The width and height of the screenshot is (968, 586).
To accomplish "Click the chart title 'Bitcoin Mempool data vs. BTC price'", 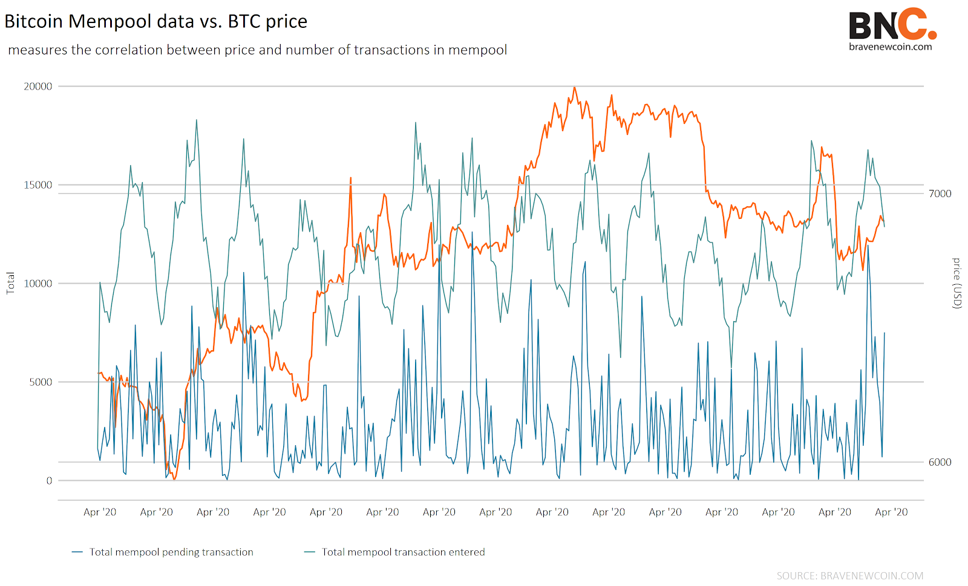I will tap(155, 22).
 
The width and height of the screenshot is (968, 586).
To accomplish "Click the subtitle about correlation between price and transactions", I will tap(257, 50).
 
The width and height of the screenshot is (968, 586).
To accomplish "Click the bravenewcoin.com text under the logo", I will tap(890, 47).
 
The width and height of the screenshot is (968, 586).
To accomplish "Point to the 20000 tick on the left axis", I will tap(38, 86).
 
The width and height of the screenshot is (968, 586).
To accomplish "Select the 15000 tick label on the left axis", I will tap(38, 185).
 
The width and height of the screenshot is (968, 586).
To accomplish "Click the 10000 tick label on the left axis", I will tap(38, 284).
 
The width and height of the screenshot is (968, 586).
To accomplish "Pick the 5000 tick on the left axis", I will tap(41, 382).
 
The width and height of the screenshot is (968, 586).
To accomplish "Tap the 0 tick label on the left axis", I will tap(49, 481).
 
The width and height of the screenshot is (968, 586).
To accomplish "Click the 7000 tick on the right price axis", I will tap(940, 194).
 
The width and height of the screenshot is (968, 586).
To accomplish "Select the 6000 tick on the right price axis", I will tap(940, 462).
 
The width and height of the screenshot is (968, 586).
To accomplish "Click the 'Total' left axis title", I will tap(10, 283).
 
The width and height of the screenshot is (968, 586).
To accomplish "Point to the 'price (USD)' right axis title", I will tap(957, 283).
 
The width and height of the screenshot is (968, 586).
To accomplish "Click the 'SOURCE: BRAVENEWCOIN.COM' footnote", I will tap(850, 576).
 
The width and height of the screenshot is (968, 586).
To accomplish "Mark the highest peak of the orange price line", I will tap(574, 88).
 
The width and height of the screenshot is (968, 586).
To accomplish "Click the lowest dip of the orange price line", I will tap(174, 479).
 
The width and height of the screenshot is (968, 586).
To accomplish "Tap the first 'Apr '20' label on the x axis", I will tap(100, 512).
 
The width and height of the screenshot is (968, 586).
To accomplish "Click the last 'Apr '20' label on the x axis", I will tap(891, 512).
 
